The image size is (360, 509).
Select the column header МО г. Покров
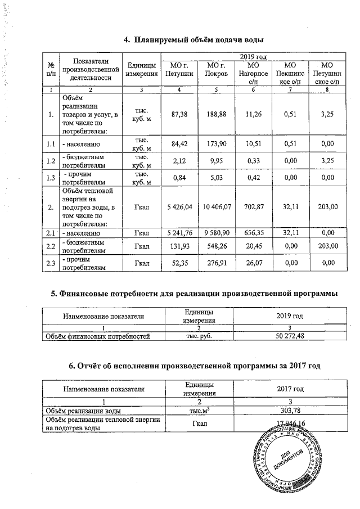point(217,70)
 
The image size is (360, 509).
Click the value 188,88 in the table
point(217,115)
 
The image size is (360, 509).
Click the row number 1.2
point(51,162)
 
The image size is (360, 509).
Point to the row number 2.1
point(51,232)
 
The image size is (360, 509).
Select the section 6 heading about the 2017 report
point(194,366)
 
